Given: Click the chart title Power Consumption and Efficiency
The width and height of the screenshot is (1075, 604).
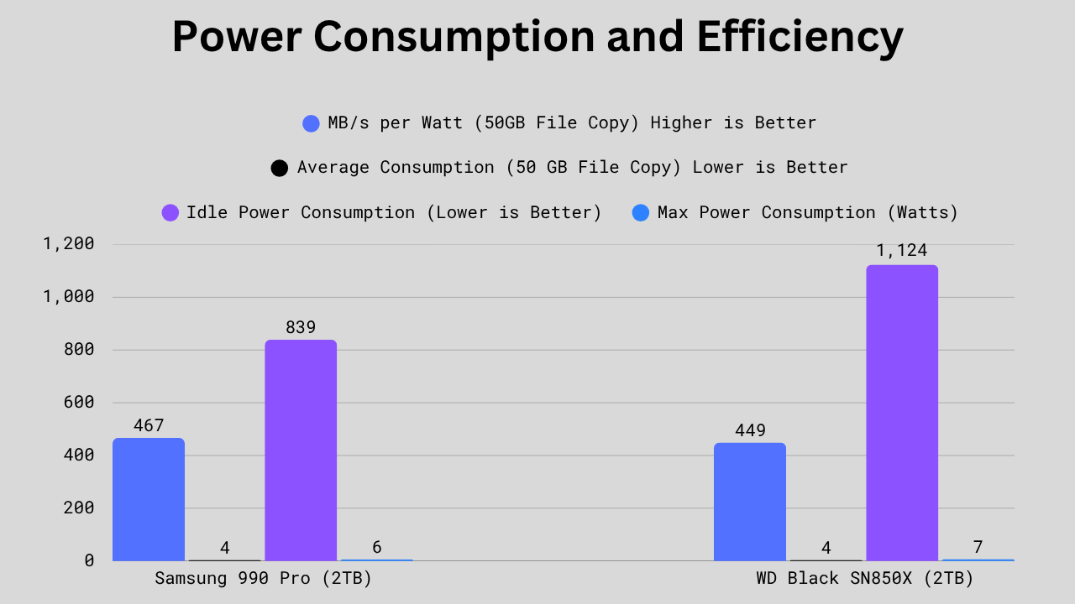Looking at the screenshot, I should click(x=537, y=37).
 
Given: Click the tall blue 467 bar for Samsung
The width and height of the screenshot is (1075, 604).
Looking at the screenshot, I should click(x=149, y=499).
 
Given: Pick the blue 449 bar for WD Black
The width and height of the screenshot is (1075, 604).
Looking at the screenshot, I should click(x=750, y=502).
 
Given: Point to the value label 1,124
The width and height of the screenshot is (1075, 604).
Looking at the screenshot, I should click(x=902, y=250).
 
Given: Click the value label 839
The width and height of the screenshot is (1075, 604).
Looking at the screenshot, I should click(x=301, y=327).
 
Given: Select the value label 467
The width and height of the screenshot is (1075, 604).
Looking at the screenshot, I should click(x=149, y=425).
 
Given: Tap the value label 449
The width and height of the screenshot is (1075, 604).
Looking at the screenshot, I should click(x=750, y=430).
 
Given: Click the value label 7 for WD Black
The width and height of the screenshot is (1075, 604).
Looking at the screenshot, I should click(x=978, y=548).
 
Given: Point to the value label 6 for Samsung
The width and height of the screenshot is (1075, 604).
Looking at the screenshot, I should click(x=377, y=548).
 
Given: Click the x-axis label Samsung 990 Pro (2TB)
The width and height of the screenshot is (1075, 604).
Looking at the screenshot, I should click(x=263, y=578).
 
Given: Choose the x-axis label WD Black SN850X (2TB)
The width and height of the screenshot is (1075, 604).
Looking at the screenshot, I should click(x=865, y=578).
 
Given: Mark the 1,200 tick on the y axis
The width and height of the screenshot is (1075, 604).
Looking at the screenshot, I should click(x=69, y=244).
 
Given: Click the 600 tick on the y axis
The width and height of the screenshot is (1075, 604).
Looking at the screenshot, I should click(x=78, y=403).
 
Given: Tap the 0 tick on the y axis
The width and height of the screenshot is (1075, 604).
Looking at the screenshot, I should click(x=89, y=560).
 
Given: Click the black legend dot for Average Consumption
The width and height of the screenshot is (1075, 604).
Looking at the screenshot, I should click(x=279, y=169).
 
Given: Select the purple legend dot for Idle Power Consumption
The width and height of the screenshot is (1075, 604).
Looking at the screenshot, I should click(x=170, y=213).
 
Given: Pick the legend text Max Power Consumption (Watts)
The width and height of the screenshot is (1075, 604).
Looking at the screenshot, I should click(x=808, y=212).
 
